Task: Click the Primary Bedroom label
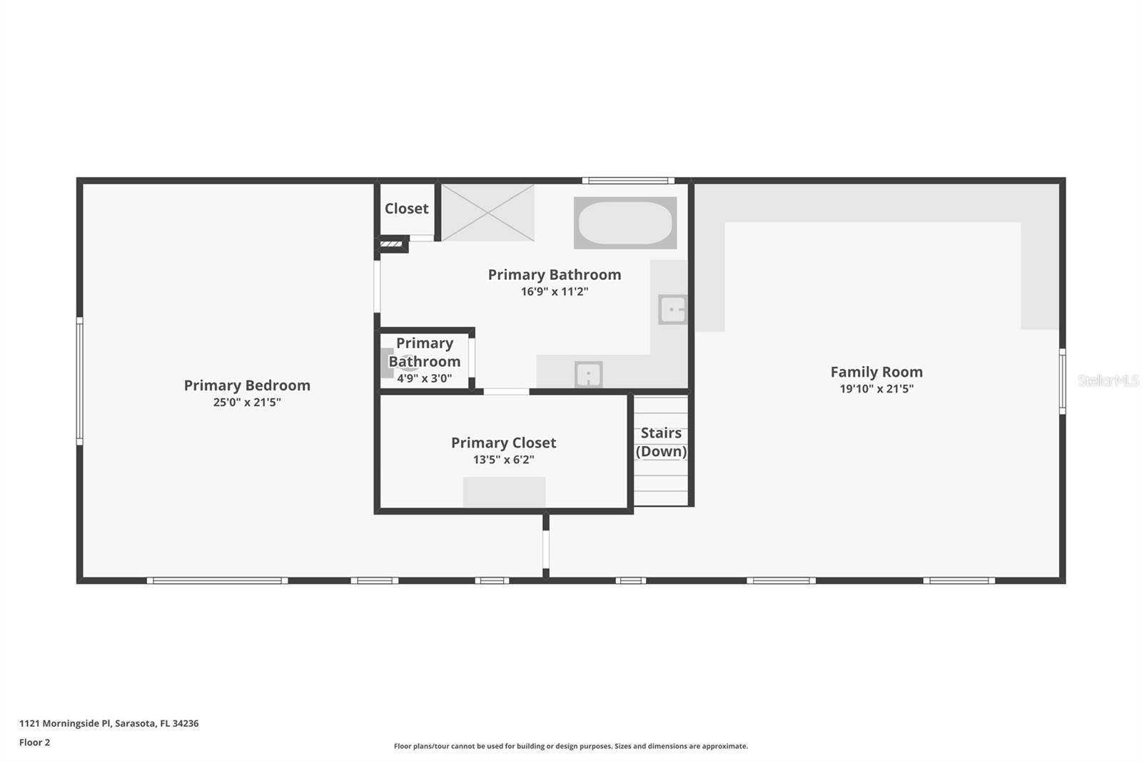point(247,385)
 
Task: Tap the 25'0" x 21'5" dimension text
point(247,403)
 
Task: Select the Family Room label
point(876,372)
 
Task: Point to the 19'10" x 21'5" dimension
point(876,389)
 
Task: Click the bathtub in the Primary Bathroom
point(625,223)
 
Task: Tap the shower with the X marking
point(487,213)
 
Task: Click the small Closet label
point(406,208)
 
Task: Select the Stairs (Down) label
point(661,442)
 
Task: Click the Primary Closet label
point(503,443)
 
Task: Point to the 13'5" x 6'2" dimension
point(503,460)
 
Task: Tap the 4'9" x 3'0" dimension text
point(425,378)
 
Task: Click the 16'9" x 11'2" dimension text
point(555,291)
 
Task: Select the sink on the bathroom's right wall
point(672,310)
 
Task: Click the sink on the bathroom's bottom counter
point(588,374)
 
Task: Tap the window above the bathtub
point(627,181)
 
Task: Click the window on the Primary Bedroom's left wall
point(80,381)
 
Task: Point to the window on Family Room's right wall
point(1062,381)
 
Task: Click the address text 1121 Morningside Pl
point(108,723)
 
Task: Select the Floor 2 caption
point(34,742)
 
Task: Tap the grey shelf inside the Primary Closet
point(504,492)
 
